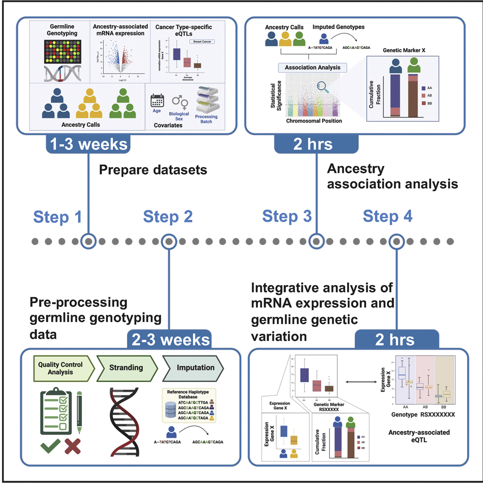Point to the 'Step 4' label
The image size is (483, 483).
click(x=387, y=217)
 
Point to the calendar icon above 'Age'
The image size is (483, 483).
click(x=158, y=100)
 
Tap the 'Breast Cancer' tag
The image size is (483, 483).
click(x=202, y=42)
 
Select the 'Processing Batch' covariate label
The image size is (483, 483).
click(x=206, y=119)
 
